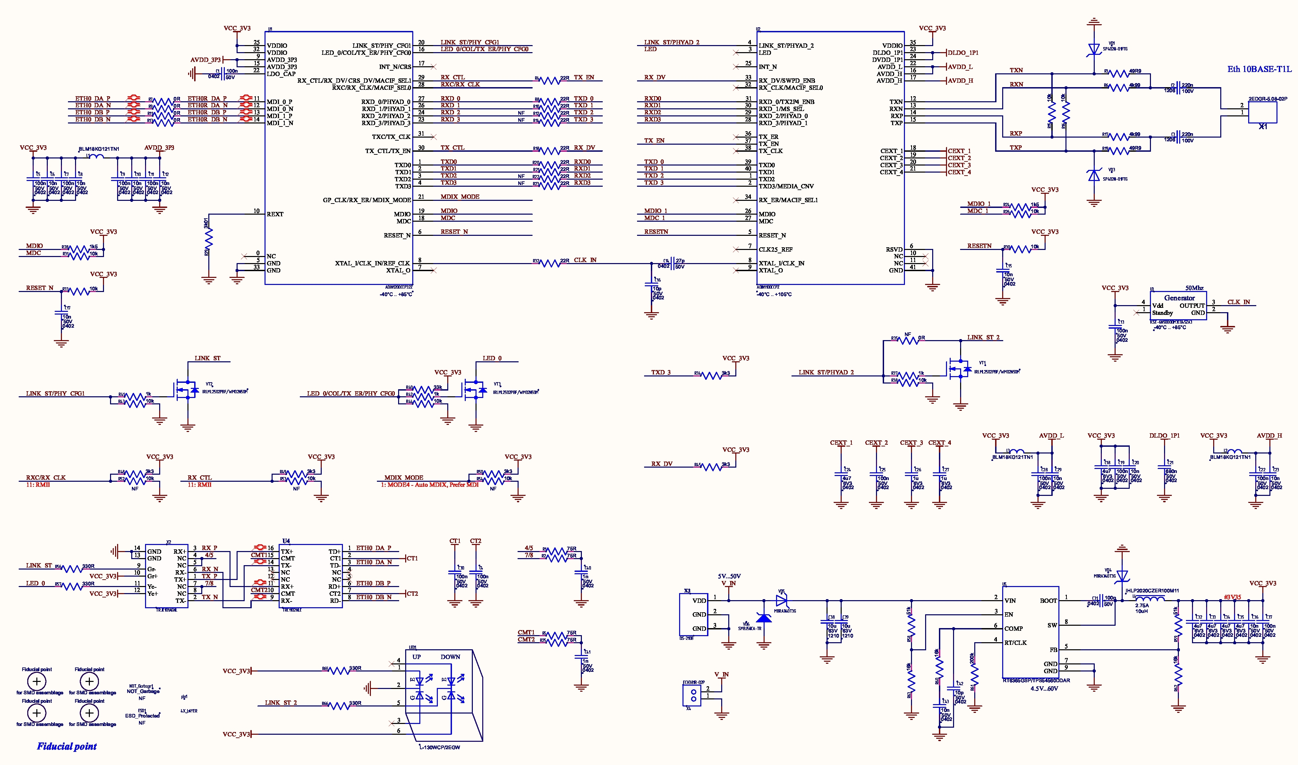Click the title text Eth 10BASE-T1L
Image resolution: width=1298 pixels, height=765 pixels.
coord(1259,69)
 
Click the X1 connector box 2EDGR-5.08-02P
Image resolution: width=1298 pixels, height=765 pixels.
coord(1262,112)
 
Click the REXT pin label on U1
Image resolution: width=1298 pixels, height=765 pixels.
coord(275,214)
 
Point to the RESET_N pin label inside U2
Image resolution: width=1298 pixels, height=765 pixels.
coord(772,235)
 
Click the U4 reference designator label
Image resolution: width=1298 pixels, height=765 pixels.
coord(286,541)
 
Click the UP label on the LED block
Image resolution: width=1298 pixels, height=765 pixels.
coord(416,657)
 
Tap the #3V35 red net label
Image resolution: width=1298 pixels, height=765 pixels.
coord(1232,597)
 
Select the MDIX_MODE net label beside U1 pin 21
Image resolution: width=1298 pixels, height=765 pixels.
coord(459,197)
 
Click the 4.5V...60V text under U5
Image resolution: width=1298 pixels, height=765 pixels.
coord(1044,688)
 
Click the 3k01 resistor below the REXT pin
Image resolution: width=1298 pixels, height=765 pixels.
coord(208,237)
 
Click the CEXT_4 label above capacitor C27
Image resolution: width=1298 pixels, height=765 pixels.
coord(939,443)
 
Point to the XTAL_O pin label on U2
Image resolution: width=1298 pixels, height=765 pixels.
coord(770,270)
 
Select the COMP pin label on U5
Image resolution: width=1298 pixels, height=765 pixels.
coord(1013,629)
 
